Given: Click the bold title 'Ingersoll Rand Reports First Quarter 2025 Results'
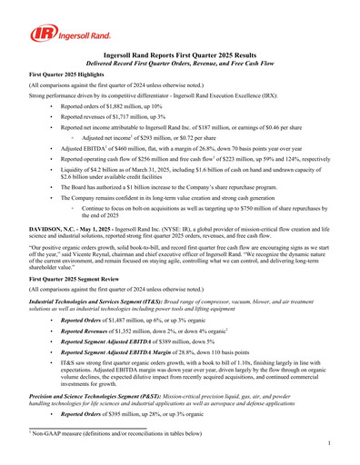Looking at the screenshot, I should (x=180, y=55).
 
